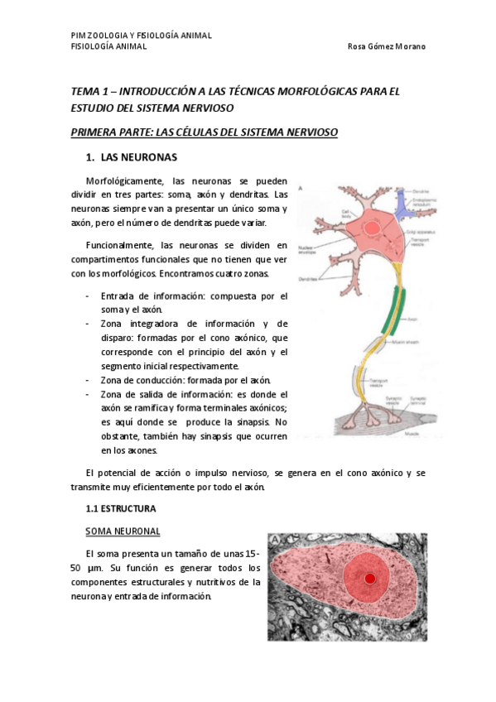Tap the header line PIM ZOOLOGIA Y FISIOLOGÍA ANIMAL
pyautogui.click(x=142, y=36)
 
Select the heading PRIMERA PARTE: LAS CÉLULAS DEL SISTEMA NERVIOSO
pyautogui.click(x=205, y=132)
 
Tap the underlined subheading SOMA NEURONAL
pyautogui.click(x=123, y=531)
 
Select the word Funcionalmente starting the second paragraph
pyautogui.click(x=118, y=246)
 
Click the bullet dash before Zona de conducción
pyautogui.click(x=89, y=379)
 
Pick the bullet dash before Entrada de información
pyautogui.click(x=89, y=296)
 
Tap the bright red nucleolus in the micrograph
pyautogui.click(x=370, y=578)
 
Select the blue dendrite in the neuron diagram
pyautogui.click(x=403, y=210)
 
